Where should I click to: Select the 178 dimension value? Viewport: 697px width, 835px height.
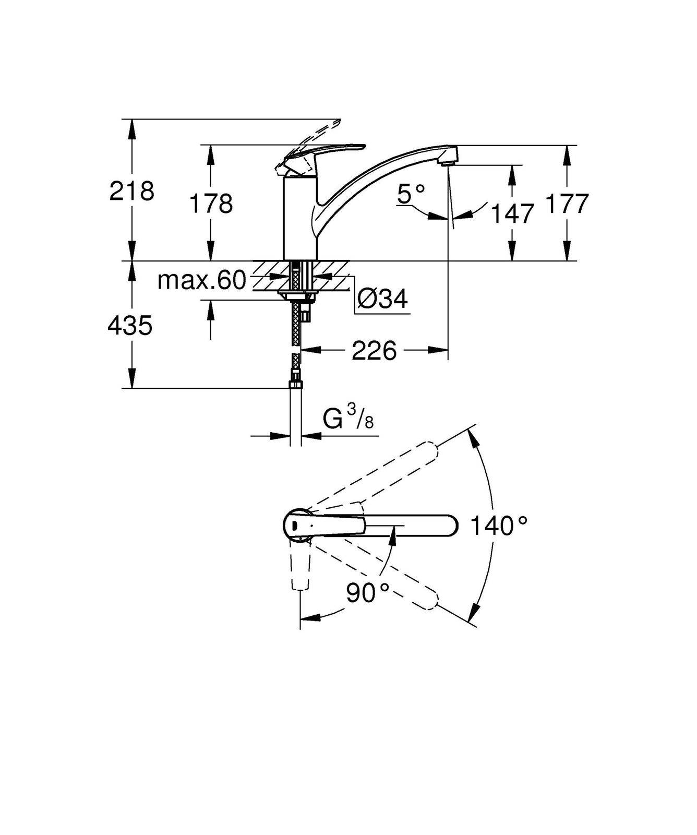point(210,203)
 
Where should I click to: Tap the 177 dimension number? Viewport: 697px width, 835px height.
point(567,203)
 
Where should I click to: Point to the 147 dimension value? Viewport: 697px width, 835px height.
point(513,213)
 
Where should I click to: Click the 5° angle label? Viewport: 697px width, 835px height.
point(411,195)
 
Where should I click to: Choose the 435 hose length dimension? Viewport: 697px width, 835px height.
point(130,326)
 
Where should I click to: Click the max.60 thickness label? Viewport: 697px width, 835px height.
point(201,281)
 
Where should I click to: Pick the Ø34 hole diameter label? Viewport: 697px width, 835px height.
point(383,299)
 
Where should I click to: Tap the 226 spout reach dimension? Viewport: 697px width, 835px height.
point(374,351)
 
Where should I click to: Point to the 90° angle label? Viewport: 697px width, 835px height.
point(368,592)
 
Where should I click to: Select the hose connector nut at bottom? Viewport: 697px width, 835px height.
point(296,385)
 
